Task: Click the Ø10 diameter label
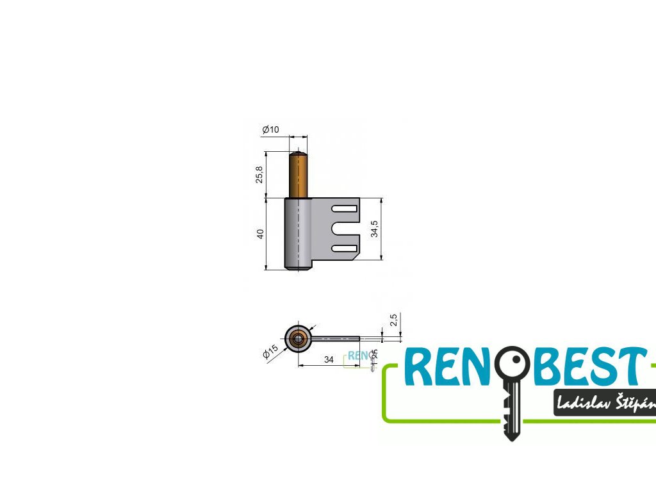pos(270,130)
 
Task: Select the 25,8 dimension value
pos(259,174)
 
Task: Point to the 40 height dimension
pos(260,234)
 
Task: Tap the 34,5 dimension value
pos(374,229)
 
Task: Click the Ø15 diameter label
pos(270,352)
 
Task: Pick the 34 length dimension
pos(329,359)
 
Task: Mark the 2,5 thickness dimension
pos(394,319)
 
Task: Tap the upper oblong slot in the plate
pos(344,209)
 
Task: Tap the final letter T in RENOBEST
pos(631,368)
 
